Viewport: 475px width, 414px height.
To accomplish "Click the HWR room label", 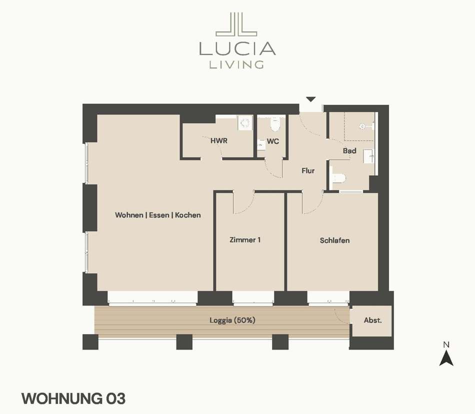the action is pos(218,141).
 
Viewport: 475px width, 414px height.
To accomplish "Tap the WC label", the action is pos(272,141).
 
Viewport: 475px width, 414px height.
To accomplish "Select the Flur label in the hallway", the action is pos(308,171).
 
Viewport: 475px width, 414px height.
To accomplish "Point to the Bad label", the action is pos(349,151).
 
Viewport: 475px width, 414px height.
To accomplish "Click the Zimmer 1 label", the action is pos(245,240).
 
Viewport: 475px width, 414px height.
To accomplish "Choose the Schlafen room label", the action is pos(334,240).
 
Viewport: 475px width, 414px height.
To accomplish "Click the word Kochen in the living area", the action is pos(188,215).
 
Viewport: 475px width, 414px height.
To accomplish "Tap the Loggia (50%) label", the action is pos(232,320).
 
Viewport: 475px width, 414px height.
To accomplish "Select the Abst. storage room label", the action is pos(373,320).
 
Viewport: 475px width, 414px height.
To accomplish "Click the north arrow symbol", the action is pos(446,358).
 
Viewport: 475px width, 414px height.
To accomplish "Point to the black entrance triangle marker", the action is pos(311,99).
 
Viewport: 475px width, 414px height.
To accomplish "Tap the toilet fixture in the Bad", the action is pos(338,178).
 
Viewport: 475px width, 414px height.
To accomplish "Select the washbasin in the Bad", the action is pos(369,156).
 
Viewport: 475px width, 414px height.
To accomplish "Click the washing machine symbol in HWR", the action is pos(245,123).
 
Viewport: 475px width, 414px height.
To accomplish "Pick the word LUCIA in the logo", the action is pos(237,48).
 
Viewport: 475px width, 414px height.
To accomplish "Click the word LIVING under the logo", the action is pos(236,65).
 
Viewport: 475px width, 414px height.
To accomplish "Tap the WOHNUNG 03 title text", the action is pos(73,399).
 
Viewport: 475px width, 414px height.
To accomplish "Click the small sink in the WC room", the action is pos(261,145).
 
